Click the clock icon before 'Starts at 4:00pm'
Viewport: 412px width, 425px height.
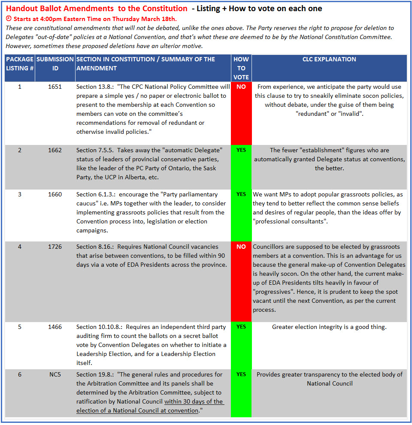9,19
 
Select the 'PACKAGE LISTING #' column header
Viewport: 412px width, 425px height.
20,64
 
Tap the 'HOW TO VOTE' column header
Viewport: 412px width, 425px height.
241,68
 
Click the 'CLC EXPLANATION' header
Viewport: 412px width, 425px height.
329,60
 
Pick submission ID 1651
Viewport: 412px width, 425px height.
55,87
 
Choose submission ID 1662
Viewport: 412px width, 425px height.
55,150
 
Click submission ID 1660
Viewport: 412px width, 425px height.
55,194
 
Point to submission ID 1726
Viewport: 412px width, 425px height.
55,247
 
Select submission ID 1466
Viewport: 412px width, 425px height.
55,327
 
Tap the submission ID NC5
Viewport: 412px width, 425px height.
55,374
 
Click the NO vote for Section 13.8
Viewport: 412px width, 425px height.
241,87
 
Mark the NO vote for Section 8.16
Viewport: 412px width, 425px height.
241,247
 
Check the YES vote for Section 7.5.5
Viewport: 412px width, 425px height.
241,150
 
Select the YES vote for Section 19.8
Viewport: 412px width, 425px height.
241,374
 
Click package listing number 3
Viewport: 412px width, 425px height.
20,194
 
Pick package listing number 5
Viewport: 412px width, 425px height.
20,327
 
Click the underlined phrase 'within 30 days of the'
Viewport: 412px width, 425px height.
194,402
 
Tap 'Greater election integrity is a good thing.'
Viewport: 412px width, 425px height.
329,327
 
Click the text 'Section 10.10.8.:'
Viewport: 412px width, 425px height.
100,327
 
